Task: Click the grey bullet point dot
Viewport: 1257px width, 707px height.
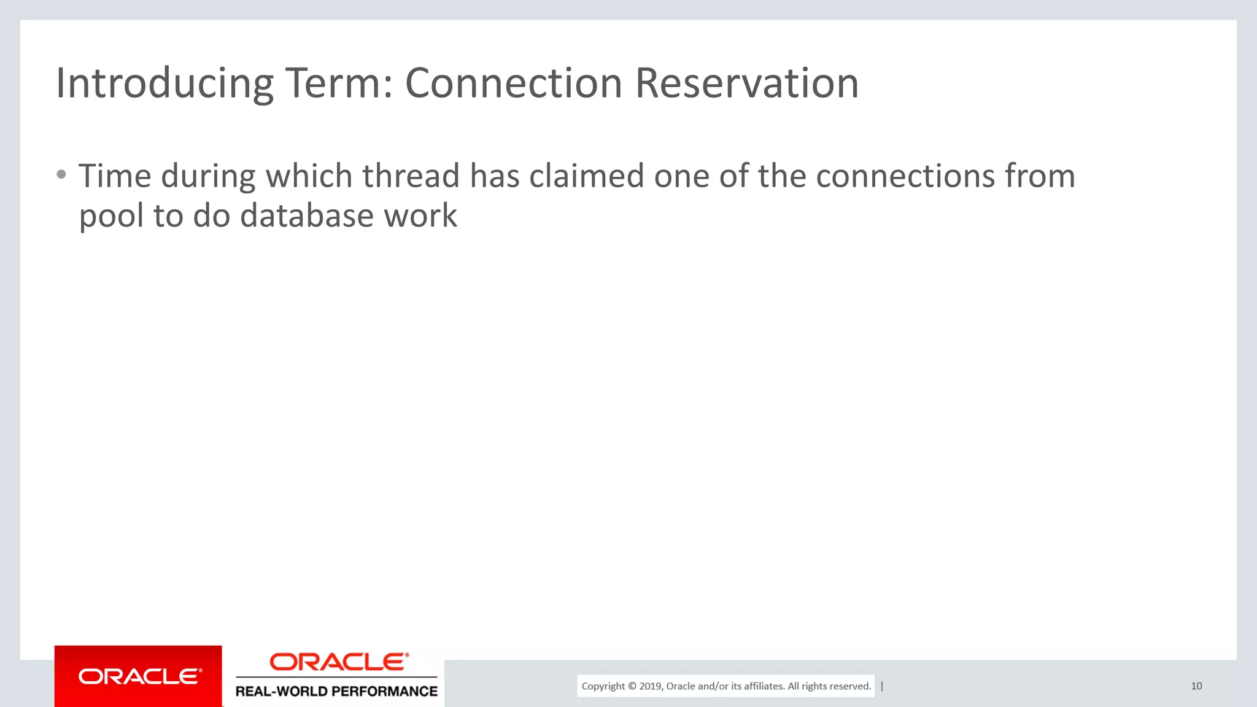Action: coord(61,175)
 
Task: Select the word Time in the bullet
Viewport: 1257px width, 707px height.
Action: coord(115,176)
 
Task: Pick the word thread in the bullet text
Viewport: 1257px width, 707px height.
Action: coord(411,176)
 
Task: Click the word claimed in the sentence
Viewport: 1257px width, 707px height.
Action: coord(586,176)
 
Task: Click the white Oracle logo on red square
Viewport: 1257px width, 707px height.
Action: coord(139,676)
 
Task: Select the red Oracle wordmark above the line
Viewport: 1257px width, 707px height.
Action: coord(339,662)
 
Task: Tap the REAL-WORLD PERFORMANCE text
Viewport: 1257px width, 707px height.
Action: coord(336,692)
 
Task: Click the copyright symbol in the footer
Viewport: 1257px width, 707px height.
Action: coord(632,686)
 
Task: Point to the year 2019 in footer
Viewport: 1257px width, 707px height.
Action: coord(650,686)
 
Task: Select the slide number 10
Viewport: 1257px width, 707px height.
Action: coord(1196,686)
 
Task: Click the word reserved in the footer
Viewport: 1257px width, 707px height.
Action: coord(851,686)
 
